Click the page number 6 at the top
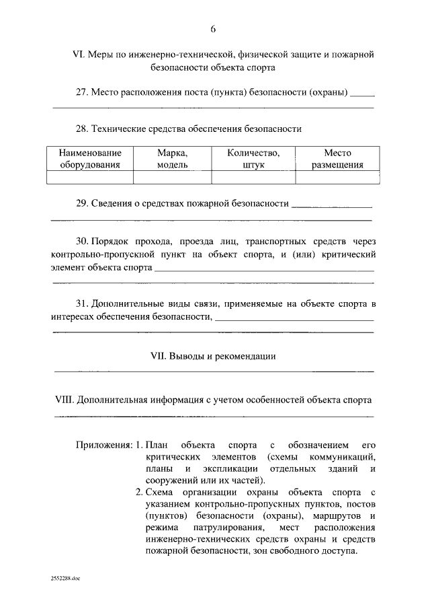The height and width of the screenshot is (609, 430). tap(213, 28)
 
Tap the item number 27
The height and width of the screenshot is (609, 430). tap(82, 92)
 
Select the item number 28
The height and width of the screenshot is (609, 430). tap(82, 129)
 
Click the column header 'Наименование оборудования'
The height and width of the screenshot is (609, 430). tap(90, 158)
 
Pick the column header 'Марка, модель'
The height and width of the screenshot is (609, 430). tap(173, 158)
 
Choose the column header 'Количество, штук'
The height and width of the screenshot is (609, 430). tap(253, 158)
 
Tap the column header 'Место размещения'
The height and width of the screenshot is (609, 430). tap(337, 158)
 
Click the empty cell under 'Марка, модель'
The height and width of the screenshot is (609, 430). tap(173, 177)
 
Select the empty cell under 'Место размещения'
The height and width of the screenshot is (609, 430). tap(337, 177)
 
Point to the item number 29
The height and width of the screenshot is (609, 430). tap(82, 203)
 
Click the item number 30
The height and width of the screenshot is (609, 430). tap(82, 240)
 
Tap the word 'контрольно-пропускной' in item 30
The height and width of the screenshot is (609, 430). tap(97, 255)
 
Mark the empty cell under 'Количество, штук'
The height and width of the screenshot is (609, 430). tap(253, 177)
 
